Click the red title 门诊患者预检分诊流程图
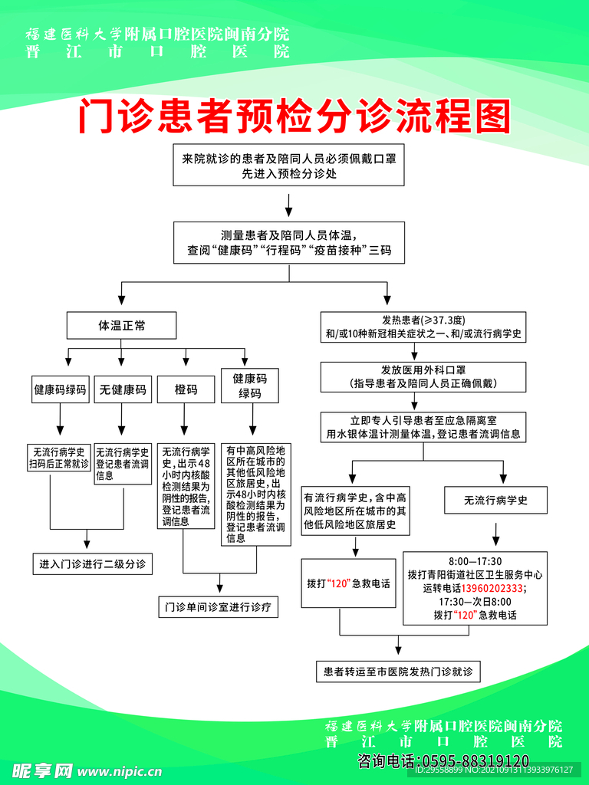(x=294, y=117)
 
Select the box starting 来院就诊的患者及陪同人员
(x=288, y=166)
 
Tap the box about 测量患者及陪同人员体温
(x=288, y=242)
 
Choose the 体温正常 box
(x=122, y=326)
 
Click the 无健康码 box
(x=123, y=389)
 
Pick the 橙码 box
(x=186, y=389)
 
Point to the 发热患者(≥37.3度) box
(x=423, y=327)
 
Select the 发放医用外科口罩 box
(x=423, y=376)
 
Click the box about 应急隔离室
(x=423, y=427)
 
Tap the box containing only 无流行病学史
(x=495, y=501)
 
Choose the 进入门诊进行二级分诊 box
(x=91, y=564)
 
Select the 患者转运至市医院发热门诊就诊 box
(x=398, y=672)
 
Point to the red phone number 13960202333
(x=492, y=588)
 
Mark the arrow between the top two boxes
(x=288, y=204)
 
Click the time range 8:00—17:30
(x=475, y=560)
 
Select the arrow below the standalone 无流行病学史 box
(x=495, y=532)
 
